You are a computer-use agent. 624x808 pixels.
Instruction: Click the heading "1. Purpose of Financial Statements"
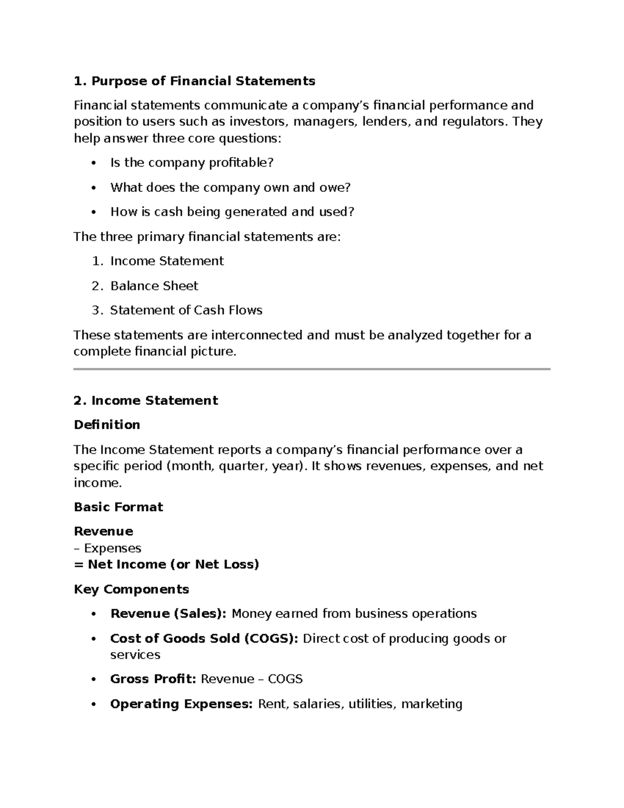point(194,81)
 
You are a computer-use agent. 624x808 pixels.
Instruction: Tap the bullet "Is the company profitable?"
point(191,163)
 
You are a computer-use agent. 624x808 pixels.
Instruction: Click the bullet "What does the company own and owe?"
point(230,187)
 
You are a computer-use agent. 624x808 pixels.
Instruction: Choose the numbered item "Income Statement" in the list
point(167,261)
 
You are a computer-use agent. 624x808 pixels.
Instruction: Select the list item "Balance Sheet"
point(154,286)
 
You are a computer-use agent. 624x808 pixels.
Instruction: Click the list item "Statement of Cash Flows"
point(186,311)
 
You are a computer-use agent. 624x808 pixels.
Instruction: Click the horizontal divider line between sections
point(312,369)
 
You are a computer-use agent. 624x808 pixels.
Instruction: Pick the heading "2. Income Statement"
point(146,401)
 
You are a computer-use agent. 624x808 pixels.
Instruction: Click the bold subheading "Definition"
point(107,425)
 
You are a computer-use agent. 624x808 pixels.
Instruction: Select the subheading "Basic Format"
point(118,507)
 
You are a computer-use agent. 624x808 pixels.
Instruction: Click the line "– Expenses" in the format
point(108,548)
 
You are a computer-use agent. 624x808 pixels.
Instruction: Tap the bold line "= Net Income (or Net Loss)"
point(166,565)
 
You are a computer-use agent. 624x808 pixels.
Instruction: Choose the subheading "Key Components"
point(131,589)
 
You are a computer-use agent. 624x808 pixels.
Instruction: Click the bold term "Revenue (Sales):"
point(168,614)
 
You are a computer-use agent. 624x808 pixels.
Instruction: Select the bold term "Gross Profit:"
point(153,679)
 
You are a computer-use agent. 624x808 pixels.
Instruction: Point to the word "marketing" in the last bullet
point(432,704)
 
